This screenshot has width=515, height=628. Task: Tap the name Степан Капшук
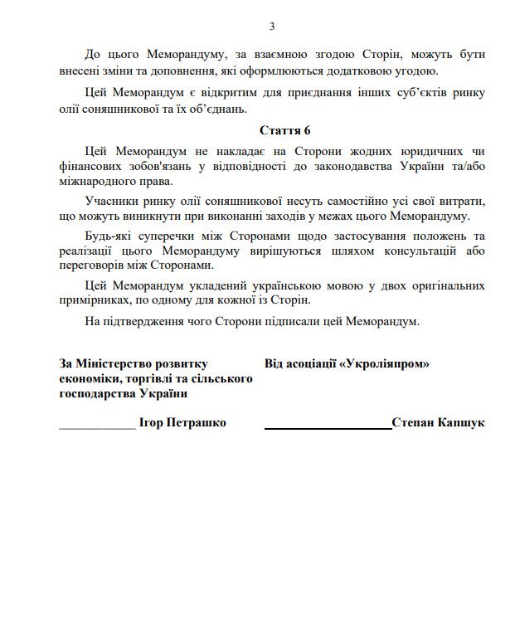439,422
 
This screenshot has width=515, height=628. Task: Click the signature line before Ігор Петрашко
97,426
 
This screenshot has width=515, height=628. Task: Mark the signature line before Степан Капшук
328,426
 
